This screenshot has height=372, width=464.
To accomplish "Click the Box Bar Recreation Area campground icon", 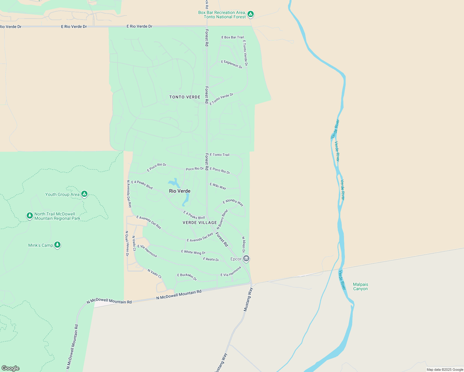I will (251, 14).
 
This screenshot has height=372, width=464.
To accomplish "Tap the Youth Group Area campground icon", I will (84, 194).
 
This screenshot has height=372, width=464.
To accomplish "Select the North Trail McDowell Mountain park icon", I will (30, 215).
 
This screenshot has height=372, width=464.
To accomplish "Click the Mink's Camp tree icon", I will (57, 245).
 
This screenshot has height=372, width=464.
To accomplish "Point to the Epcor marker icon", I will (246, 258).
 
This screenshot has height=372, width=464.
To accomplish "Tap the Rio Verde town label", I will (180, 191).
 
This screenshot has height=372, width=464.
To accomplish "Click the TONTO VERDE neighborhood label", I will (185, 97).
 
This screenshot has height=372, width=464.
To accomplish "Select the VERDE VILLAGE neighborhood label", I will (200, 223).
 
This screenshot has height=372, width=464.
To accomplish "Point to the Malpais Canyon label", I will (360, 286).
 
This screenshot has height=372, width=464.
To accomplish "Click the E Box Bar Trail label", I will (233, 37).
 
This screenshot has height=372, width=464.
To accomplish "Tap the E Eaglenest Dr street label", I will (232, 64).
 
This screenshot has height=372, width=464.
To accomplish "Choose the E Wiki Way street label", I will (218, 186).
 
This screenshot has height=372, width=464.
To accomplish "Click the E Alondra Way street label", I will (233, 202).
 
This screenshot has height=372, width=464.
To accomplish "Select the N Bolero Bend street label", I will (222, 219).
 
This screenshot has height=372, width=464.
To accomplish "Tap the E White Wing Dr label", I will (193, 252).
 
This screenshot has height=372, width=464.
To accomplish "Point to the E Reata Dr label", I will (211, 259).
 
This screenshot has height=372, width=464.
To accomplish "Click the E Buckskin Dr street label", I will (187, 277).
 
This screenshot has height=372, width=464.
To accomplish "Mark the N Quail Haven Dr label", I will (127, 244).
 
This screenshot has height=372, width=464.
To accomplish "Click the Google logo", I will (10, 368).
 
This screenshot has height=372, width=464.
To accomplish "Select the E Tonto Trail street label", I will (220, 155).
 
